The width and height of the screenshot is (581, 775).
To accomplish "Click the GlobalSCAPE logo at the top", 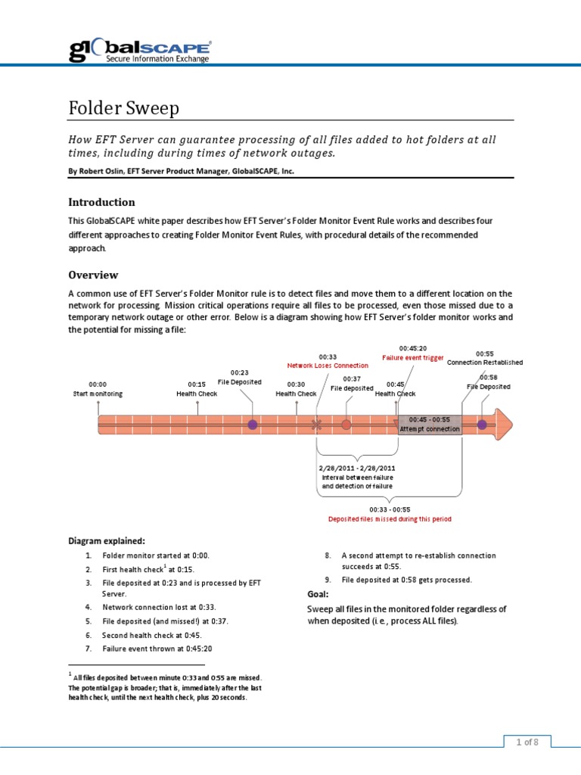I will tap(140, 50).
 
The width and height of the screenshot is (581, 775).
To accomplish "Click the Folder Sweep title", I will tap(124, 108).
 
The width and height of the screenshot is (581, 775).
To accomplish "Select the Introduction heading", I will tap(101, 202).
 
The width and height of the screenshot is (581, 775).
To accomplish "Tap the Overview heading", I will tap(93, 275).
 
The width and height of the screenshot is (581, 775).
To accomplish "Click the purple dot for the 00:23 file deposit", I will tap(253, 425).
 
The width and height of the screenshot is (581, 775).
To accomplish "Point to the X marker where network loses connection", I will tap(316, 425).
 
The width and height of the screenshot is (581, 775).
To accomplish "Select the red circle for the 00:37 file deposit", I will tap(346, 425).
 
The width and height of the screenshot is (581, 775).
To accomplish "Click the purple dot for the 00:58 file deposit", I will tap(482, 425).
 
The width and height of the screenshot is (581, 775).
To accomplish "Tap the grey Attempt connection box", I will tap(429, 425).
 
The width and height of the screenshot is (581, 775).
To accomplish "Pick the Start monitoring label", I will tap(98, 394).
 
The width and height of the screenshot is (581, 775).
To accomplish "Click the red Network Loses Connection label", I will tap(328, 365).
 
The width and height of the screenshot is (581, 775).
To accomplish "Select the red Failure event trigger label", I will tap(412, 357).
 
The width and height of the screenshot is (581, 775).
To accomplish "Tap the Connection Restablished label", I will tap(485, 362).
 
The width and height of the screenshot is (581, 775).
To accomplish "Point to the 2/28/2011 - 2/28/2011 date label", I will tap(358, 468).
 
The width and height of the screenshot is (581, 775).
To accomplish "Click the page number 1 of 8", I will tap(527, 742).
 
